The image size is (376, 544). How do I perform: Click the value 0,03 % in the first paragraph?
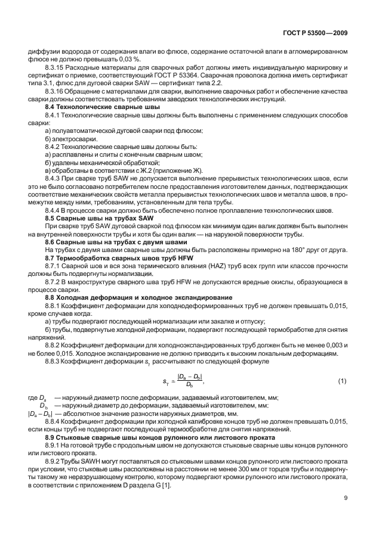tap(129, 60)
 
